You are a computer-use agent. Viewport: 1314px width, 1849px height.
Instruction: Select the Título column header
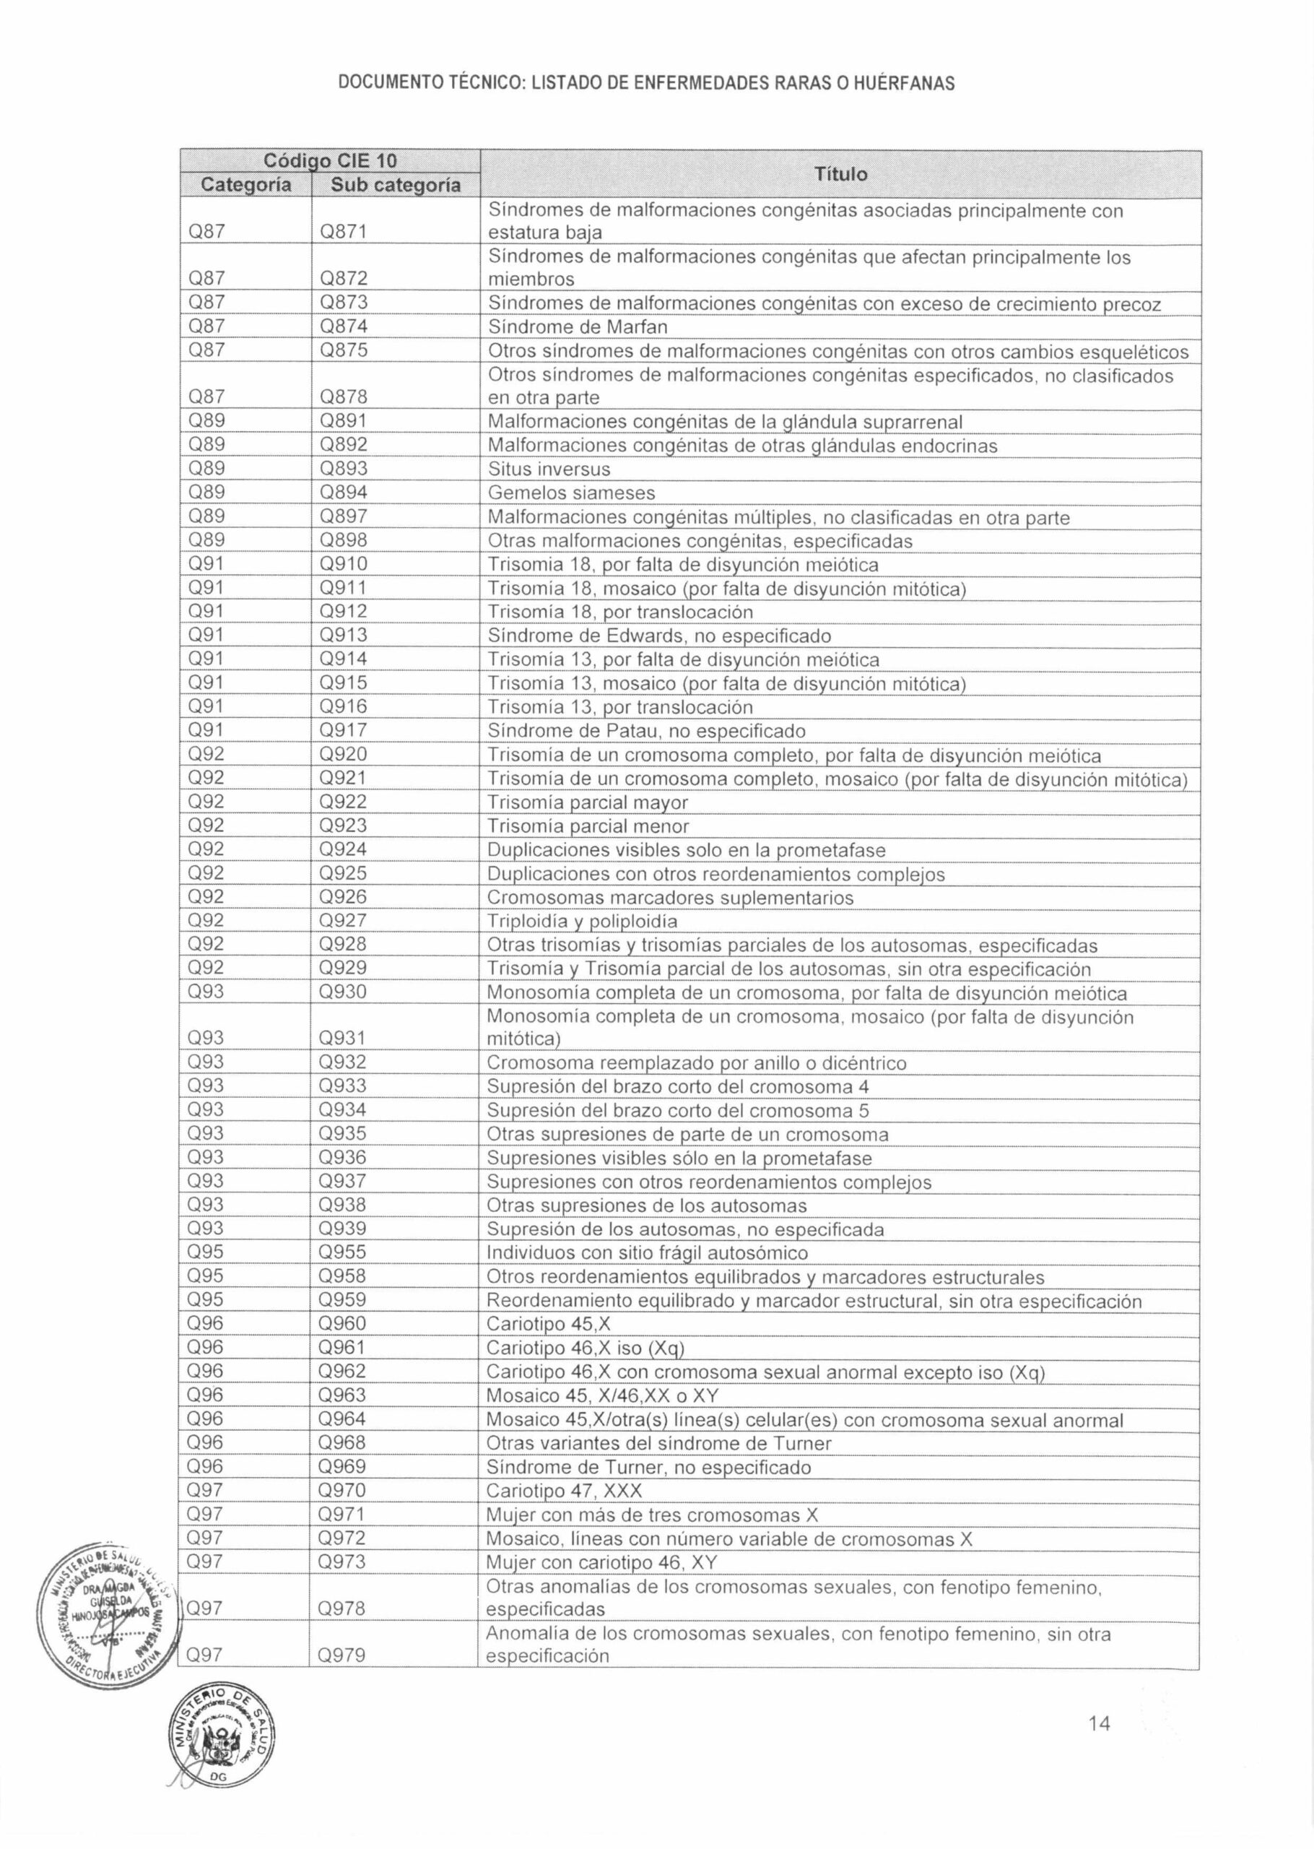[840, 174]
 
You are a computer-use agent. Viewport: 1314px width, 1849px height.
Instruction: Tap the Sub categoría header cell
[396, 186]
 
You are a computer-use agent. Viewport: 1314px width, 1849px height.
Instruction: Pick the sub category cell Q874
[344, 327]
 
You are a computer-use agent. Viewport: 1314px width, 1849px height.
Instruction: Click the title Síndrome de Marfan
[578, 327]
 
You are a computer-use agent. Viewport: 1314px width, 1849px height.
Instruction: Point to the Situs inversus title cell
[549, 469]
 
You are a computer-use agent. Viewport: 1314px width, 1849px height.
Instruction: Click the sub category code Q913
[343, 635]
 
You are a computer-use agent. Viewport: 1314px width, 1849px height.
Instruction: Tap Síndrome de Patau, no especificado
[646, 731]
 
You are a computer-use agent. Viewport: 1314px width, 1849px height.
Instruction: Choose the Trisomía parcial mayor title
[588, 802]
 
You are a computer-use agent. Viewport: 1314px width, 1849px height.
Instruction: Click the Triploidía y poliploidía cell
[582, 921]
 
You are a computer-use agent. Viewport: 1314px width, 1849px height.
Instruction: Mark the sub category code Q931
[342, 1038]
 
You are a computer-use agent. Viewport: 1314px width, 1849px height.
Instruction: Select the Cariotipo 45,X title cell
[549, 1324]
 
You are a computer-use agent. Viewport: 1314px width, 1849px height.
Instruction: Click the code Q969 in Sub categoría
[342, 1466]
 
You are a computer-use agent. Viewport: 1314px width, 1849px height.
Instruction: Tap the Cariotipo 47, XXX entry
[564, 1491]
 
